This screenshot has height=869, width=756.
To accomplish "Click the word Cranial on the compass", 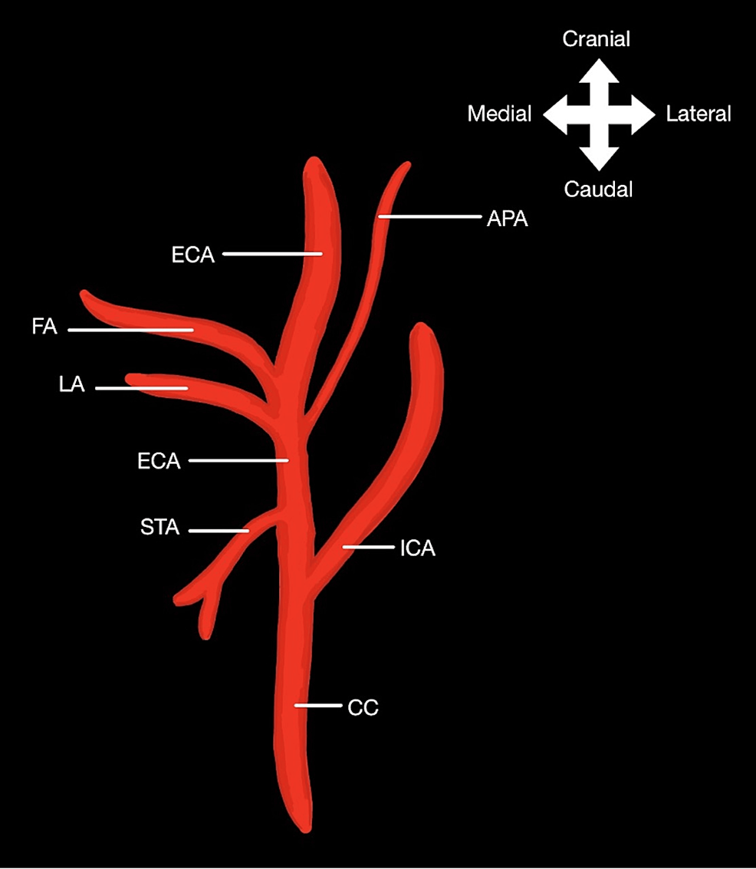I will pos(597,39).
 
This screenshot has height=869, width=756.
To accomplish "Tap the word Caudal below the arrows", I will pos(598,189).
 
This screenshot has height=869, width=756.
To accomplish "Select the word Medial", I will pos(499,114).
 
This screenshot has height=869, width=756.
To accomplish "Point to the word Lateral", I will pos(698,114).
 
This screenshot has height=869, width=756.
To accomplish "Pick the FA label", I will pos(45,328).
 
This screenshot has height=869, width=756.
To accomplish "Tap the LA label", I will pos(71,387).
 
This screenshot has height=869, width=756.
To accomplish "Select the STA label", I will pos(159,528).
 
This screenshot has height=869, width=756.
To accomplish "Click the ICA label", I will pos(417,548).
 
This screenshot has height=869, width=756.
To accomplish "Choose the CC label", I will pos(363,707).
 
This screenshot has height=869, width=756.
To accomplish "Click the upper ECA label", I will pos(193,255).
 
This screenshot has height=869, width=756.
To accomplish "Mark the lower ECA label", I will pos(159,461).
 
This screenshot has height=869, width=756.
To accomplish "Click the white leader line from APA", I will pos(429,217).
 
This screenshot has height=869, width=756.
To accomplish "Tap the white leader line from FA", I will pos(130,330).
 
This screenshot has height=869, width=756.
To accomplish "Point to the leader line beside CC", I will pos(317,705).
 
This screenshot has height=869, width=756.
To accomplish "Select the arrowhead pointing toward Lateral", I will pos(643,114).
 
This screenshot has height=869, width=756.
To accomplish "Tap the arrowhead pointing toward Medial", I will pos(555,114).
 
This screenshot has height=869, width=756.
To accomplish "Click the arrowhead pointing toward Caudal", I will pos(598,158).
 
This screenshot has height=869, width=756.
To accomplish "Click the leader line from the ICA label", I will pos(369,547).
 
